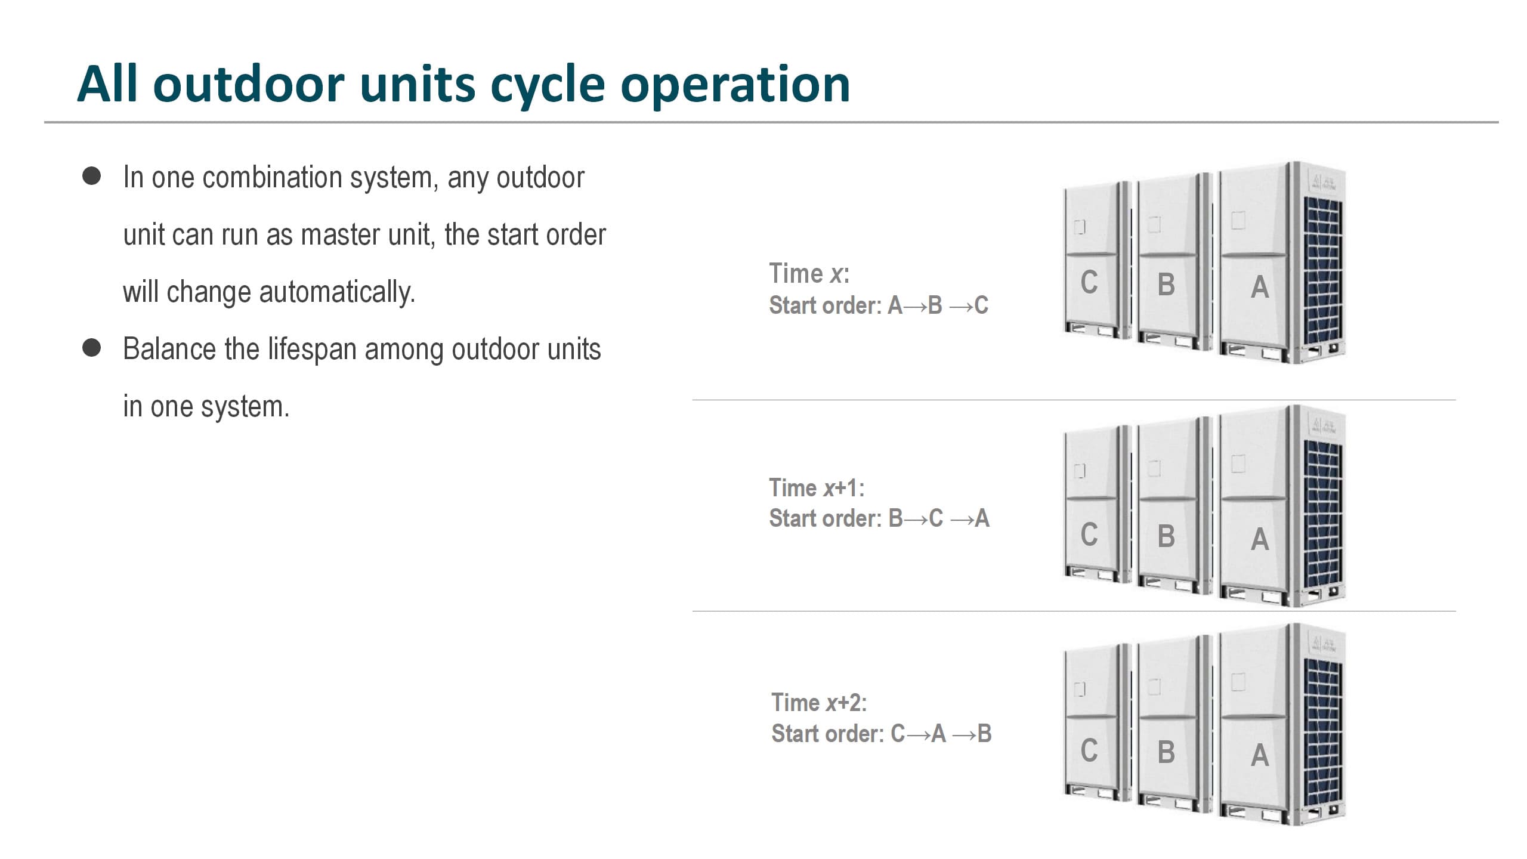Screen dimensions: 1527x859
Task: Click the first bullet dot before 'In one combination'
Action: point(91,177)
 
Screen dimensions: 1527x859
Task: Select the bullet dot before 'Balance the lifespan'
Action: point(91,348)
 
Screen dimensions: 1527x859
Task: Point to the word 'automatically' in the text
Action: point(337,292)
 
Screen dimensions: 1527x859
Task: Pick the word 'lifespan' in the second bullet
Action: point(312,350)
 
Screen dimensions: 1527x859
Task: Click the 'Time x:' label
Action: point(809,274)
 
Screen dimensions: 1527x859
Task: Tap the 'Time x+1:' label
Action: point(817,488)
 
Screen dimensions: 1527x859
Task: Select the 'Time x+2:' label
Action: point(819,703)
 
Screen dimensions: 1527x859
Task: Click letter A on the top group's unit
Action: point(1260,287)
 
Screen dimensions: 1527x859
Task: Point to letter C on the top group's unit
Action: point(1089,282)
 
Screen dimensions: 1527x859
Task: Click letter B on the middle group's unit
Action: point(1166,536)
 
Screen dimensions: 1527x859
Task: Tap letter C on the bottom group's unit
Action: point(1089,750)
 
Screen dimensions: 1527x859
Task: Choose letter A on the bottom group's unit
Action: point(1260,755)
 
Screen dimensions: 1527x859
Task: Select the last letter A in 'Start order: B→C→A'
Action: point(982,518)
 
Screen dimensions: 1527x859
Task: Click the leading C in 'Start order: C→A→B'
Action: point(898,734)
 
